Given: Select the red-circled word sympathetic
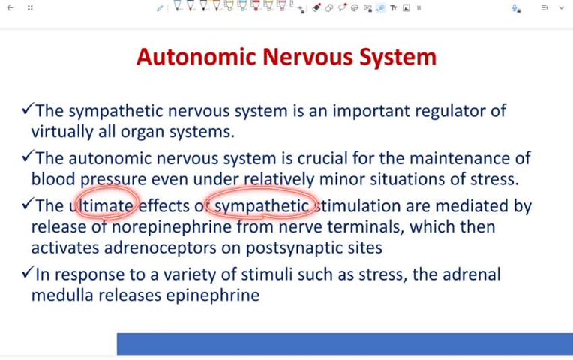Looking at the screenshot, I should pos(262,205).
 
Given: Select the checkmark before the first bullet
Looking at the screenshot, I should pos(27,110).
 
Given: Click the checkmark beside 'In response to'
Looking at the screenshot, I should pos(27,273).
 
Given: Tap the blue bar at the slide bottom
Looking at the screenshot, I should pos(344,343).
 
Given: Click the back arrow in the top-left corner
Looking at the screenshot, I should pos(10,7).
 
